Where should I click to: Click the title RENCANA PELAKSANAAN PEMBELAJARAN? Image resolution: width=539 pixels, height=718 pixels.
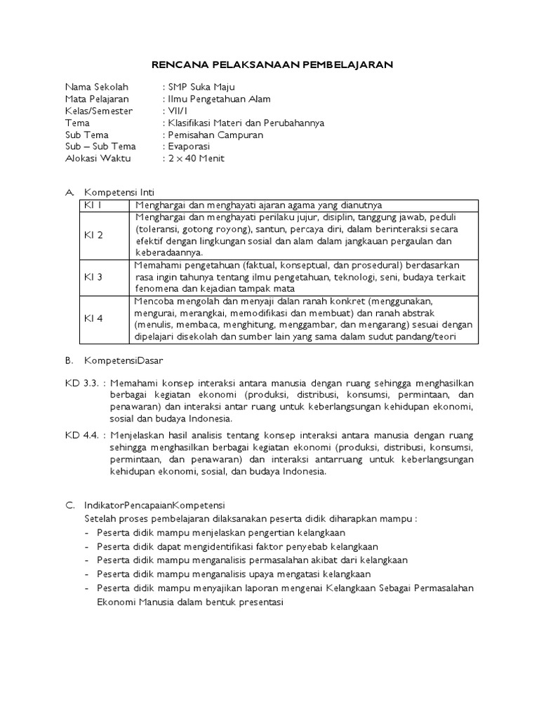[273, 65]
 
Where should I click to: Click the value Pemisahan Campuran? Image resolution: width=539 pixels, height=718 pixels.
[214, 135]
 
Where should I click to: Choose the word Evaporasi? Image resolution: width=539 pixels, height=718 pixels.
[190, 147]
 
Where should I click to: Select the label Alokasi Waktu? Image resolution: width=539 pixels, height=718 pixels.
[95, 158]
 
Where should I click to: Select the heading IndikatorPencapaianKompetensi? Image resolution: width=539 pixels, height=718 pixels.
[154, 505]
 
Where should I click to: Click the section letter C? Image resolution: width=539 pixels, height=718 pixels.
[69, 505]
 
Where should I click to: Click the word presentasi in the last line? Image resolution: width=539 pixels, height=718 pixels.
[258, 602]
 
